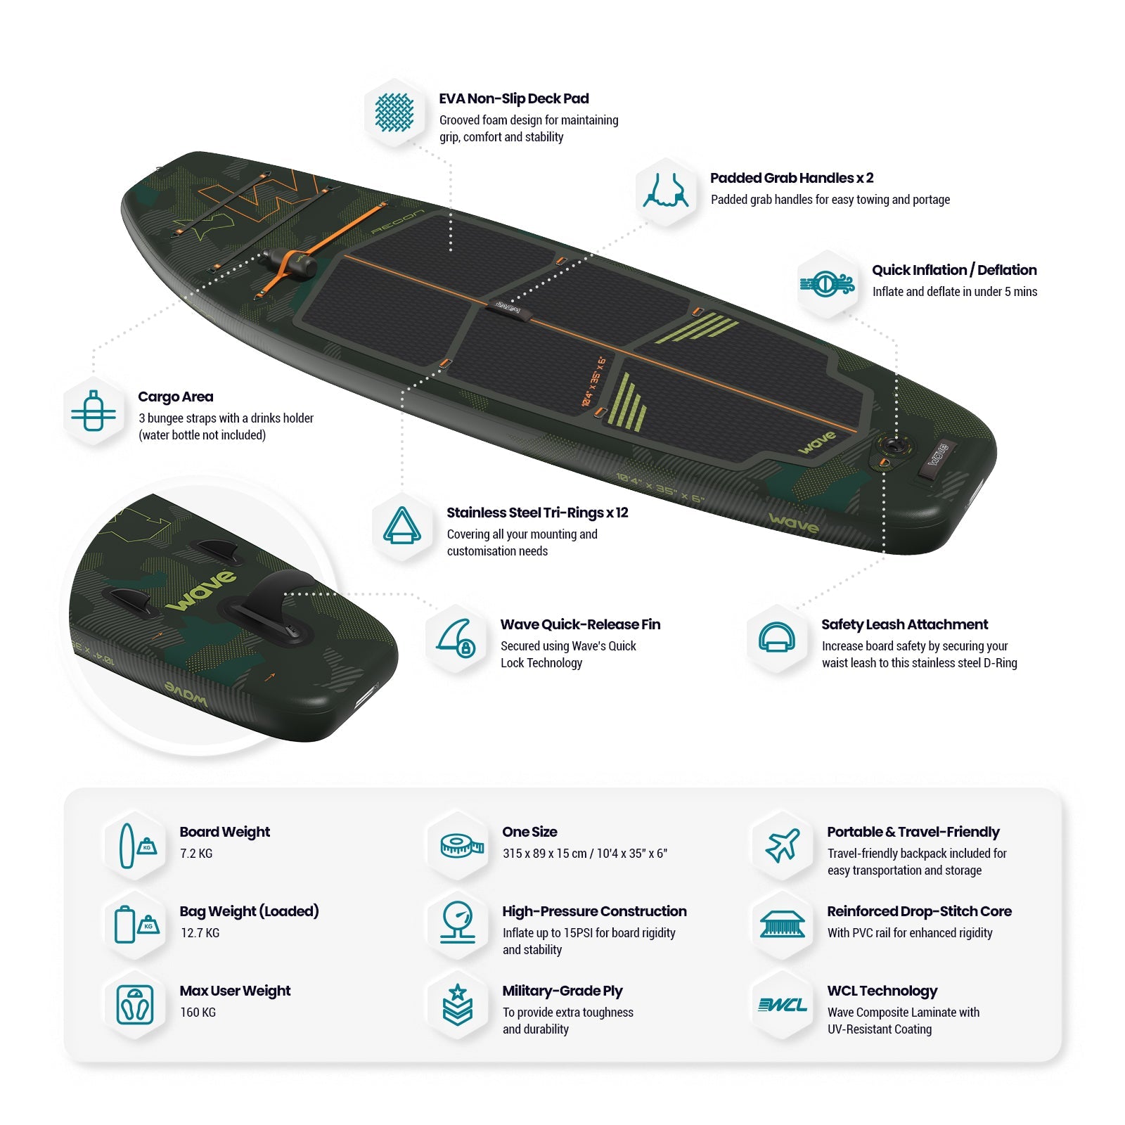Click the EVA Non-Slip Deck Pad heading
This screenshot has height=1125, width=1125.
(x=513, y=99)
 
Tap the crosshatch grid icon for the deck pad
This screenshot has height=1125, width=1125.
(x=394, y=112)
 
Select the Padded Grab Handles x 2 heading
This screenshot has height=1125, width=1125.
(x=791, y=178)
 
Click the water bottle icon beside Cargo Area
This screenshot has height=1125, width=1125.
(x=94, y=411)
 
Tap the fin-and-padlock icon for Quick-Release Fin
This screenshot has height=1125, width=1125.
(x=456, y=638)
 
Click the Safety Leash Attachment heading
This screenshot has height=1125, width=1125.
(x=904, y=624)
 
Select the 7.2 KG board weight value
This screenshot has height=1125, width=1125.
(x=196, y=854)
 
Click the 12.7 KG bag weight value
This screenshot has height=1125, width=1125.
(x=200, y=933)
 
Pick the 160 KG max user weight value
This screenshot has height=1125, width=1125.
(x=198, y=1012)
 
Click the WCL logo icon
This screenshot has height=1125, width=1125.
(x=783, y=1005)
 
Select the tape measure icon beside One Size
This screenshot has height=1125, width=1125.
(x=461, y=845)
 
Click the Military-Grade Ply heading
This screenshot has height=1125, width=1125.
(x=562, y=991)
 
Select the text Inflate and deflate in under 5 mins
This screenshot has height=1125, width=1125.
(x=954, y=292)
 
